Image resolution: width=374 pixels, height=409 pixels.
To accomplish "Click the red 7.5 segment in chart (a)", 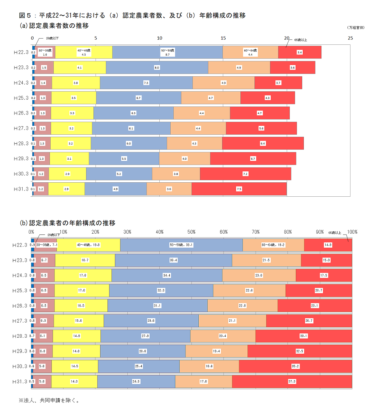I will point(239,189).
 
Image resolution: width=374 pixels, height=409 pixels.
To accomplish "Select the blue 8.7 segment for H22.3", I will point(168,52).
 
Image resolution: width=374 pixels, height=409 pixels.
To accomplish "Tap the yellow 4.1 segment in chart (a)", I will point(79,67).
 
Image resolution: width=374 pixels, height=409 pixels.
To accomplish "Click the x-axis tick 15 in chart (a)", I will point(223,38).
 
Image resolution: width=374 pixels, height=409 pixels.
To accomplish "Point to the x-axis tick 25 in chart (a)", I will point(350,38).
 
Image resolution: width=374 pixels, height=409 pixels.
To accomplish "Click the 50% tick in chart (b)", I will point(191,232).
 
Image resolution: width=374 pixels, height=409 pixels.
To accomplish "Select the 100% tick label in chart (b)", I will point(352,232).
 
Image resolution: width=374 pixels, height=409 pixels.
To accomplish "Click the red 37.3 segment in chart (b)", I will point(292,381).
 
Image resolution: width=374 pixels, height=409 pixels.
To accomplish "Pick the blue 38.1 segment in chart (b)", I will point(182,245).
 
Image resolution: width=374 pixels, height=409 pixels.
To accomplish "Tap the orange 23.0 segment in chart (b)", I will point(259,275).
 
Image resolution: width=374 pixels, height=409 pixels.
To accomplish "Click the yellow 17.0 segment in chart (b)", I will point(81,290).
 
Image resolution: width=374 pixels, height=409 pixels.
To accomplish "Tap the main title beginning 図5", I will point(132,16).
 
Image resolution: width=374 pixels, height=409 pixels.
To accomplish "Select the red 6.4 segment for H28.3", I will point(263,143).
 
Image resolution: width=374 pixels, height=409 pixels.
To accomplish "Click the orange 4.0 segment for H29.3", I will point(184,159).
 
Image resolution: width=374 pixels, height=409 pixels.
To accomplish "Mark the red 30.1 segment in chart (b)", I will point(303,336).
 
